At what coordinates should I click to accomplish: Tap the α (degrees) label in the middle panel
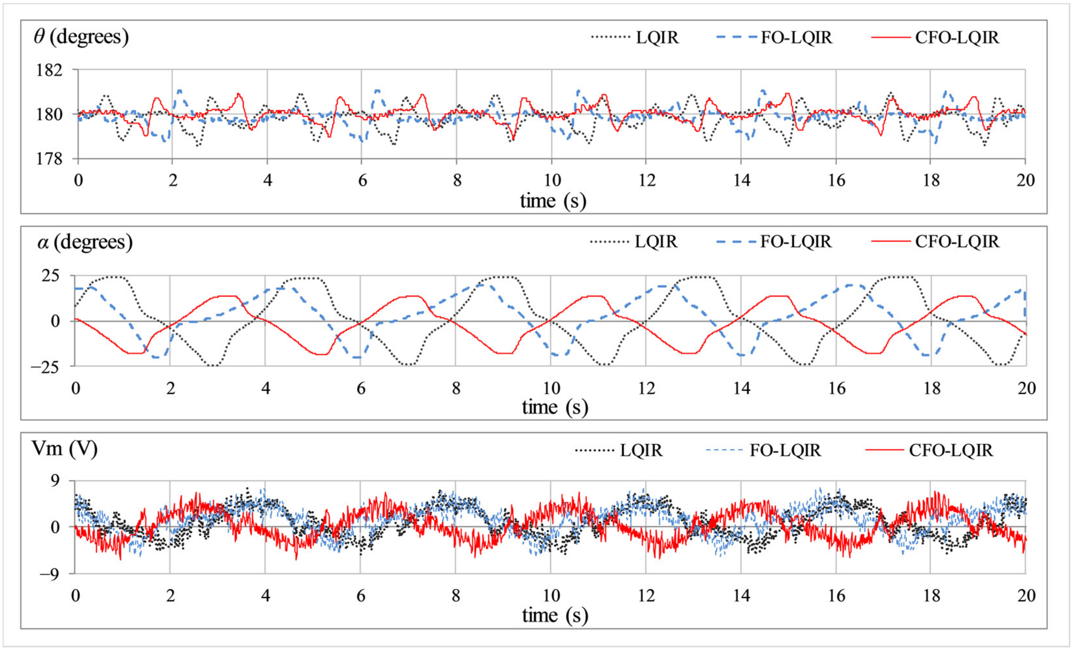point(85,242)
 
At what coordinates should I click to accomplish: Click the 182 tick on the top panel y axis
point(49,70)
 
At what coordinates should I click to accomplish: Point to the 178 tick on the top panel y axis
point(49,159)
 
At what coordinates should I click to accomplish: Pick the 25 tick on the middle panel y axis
point(50,276)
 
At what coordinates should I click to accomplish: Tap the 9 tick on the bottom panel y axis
point(55,481)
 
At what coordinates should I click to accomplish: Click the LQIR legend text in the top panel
point(657,38)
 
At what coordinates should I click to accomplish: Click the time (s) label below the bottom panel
point(555,615)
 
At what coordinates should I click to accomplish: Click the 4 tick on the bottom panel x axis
point(265,596)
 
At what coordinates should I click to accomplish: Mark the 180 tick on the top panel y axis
point(49,115)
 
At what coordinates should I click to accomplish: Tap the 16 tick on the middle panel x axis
point(836,388)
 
